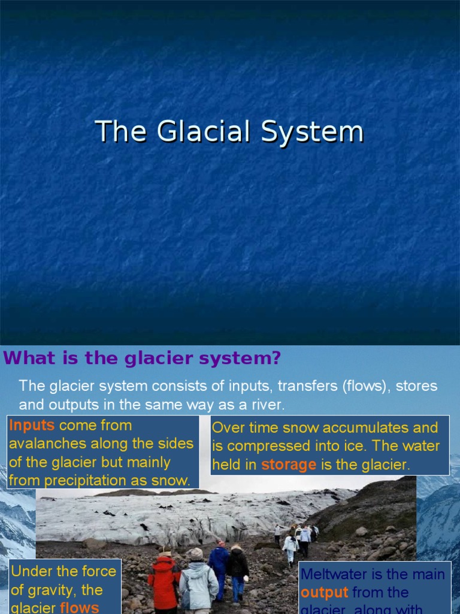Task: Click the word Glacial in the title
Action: [198, 131]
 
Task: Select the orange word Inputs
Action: [32, 426]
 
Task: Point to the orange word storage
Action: [288, 465]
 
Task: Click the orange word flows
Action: [80, 607]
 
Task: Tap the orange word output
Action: [324, 592]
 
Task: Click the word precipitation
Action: [88, 480]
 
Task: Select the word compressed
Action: [267, 446]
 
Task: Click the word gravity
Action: [50, 589]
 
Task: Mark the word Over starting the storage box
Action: [228, 428]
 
